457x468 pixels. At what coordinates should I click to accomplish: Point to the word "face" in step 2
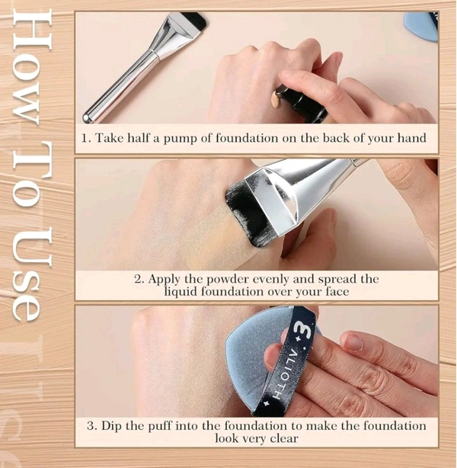(x=337, y=291)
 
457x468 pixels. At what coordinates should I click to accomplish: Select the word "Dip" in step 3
(x=111, y=425)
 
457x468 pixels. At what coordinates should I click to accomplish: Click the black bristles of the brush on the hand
(x=244, y=213)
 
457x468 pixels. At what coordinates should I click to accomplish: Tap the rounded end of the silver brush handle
(x=87, y=118)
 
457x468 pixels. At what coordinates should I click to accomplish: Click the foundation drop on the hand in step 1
(x=276, y=98)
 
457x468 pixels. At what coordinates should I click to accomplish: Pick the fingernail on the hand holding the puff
(x=353, y=341)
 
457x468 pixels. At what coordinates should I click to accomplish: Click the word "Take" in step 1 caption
(x=110, y=138)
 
